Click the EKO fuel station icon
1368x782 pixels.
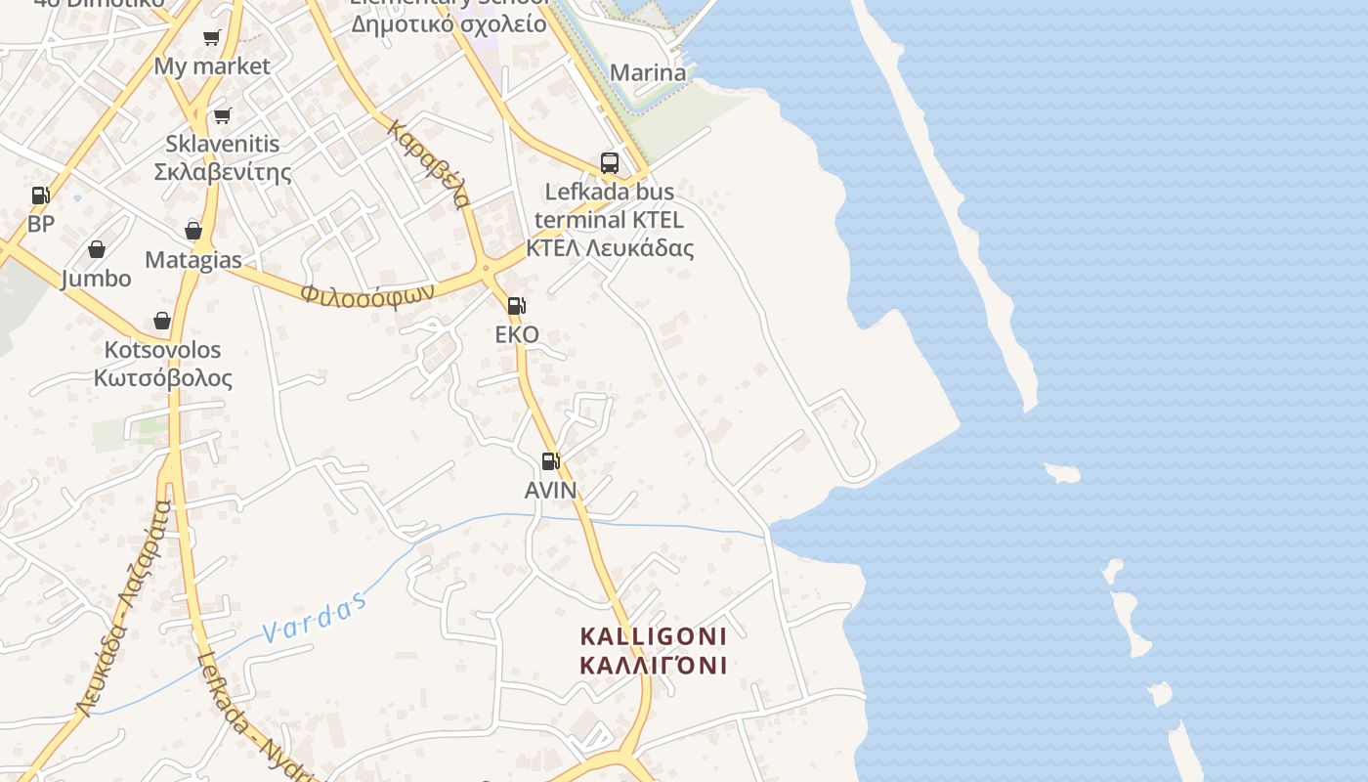516,306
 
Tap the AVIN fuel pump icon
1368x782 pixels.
551,461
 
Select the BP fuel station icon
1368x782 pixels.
40,195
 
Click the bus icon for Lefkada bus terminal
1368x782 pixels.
610,163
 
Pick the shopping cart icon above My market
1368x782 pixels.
212,38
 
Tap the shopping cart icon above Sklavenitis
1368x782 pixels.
223,116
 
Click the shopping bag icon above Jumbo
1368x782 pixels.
97,250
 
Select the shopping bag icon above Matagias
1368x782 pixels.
193,232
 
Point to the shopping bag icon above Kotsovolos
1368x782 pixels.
162,322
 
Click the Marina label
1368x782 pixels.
648,72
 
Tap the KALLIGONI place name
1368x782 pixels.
654,636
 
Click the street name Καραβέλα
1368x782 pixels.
429,164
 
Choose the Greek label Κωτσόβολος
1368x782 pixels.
163,378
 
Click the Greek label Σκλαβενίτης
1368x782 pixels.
223,172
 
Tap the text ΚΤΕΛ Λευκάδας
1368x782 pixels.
610,247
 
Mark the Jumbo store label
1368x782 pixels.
96,279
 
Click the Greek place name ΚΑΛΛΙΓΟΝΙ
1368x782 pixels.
654,666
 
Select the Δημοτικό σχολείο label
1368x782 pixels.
449,23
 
